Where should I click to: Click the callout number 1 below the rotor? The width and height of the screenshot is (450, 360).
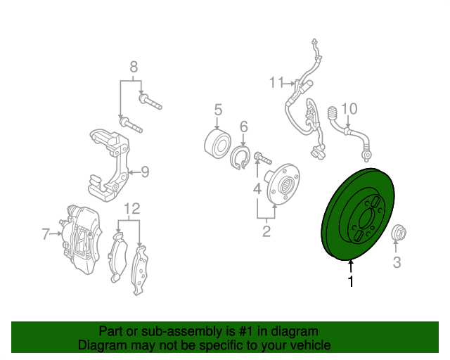351,281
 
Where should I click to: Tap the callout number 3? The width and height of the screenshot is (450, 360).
397,262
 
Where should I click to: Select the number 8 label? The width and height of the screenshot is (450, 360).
134,67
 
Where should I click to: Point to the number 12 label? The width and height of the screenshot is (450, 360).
132,209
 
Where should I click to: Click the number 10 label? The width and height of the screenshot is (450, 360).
349,109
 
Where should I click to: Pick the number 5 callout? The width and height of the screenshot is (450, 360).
218,110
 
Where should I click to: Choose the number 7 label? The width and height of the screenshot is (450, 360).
46,234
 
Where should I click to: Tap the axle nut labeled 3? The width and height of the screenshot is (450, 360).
399,232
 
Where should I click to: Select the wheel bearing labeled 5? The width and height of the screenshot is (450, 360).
217,144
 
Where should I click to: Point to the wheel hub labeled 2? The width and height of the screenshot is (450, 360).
283,184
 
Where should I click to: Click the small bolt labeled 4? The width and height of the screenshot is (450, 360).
262,157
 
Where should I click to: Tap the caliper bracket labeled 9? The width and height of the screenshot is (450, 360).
109,165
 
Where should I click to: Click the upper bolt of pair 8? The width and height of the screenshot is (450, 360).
150,101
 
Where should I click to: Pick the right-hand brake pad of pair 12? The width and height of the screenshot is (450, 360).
140,271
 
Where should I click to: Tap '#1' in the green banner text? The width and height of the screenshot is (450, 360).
245,332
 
